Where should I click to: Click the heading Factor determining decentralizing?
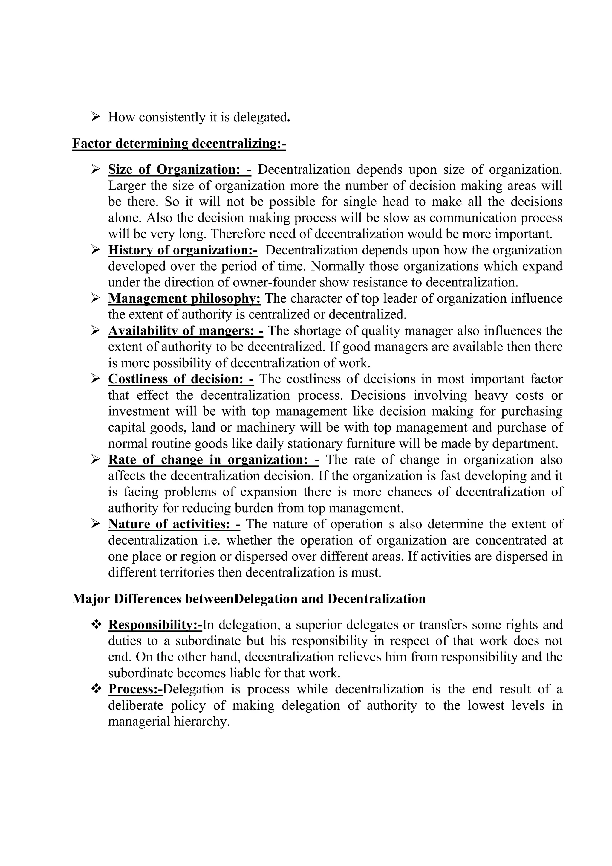[x=179, y=144]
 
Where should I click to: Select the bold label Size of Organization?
[x=179, y=170]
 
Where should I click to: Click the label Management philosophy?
[x=184, y=299]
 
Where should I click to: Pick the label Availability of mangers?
[x=185, y=331]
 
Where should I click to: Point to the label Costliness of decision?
[x=180, y=379]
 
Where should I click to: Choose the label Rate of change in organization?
[x=213, y=460]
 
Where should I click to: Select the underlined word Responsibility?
[x=155, y=625]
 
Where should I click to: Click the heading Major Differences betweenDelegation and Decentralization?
[x=249, y=599]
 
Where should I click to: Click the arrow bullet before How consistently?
[x=95, y=117]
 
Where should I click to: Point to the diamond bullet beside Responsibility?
[x=97, y=625]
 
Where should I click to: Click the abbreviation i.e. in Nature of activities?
[x=212, y=540]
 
